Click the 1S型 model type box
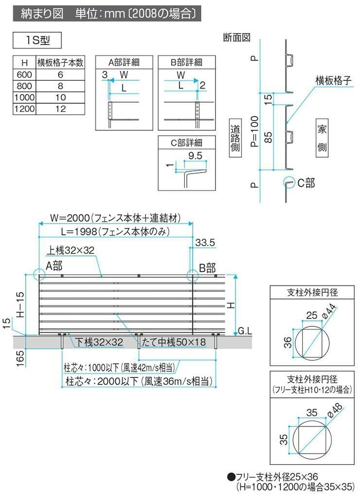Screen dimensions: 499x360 pyautogui.click(x=37, y=39)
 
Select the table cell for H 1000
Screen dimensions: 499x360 pyautogui.click(x=24, y=97)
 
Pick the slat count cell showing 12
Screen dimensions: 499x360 pyautogui.click(x=60, y=108)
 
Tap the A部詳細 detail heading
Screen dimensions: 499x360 pyautogui.click(x=124, y=62)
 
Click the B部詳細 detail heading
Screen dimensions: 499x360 pyautogui.click(x=186, y=62)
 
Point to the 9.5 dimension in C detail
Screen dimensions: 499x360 pyautogui.click(x=195, y=157)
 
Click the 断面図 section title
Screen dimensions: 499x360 pyautogui.click(x=236, y=37)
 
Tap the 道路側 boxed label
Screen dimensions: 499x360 pyautogui.click(x=235, y=139)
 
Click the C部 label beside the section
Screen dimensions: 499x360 pyautogui.click(x=306, y=183)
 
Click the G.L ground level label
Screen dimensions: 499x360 pyautogui.click(x=244, y=331)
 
